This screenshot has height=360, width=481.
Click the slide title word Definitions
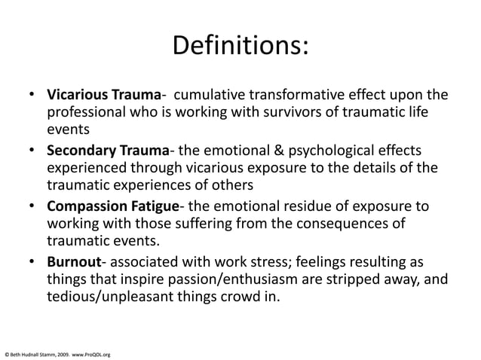click(x=240, y=46)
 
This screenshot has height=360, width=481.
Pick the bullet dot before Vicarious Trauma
click(x=33, y=97)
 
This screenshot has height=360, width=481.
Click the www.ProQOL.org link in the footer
click(x=92, y=353)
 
